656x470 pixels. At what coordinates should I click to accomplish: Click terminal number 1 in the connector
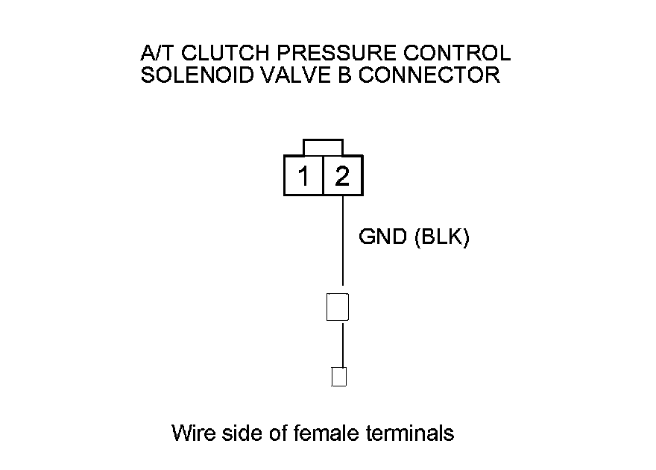[304, 177]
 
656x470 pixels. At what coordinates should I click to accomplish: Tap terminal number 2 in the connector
[342, 177]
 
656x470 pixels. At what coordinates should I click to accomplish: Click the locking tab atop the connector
[323, 147]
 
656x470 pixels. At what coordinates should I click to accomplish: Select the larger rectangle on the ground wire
[338, 307]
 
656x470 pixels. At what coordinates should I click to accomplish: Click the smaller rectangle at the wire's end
[339, 377]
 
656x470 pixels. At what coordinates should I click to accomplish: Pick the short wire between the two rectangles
[342, 344]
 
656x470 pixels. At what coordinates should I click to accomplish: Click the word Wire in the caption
[195, 433]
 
